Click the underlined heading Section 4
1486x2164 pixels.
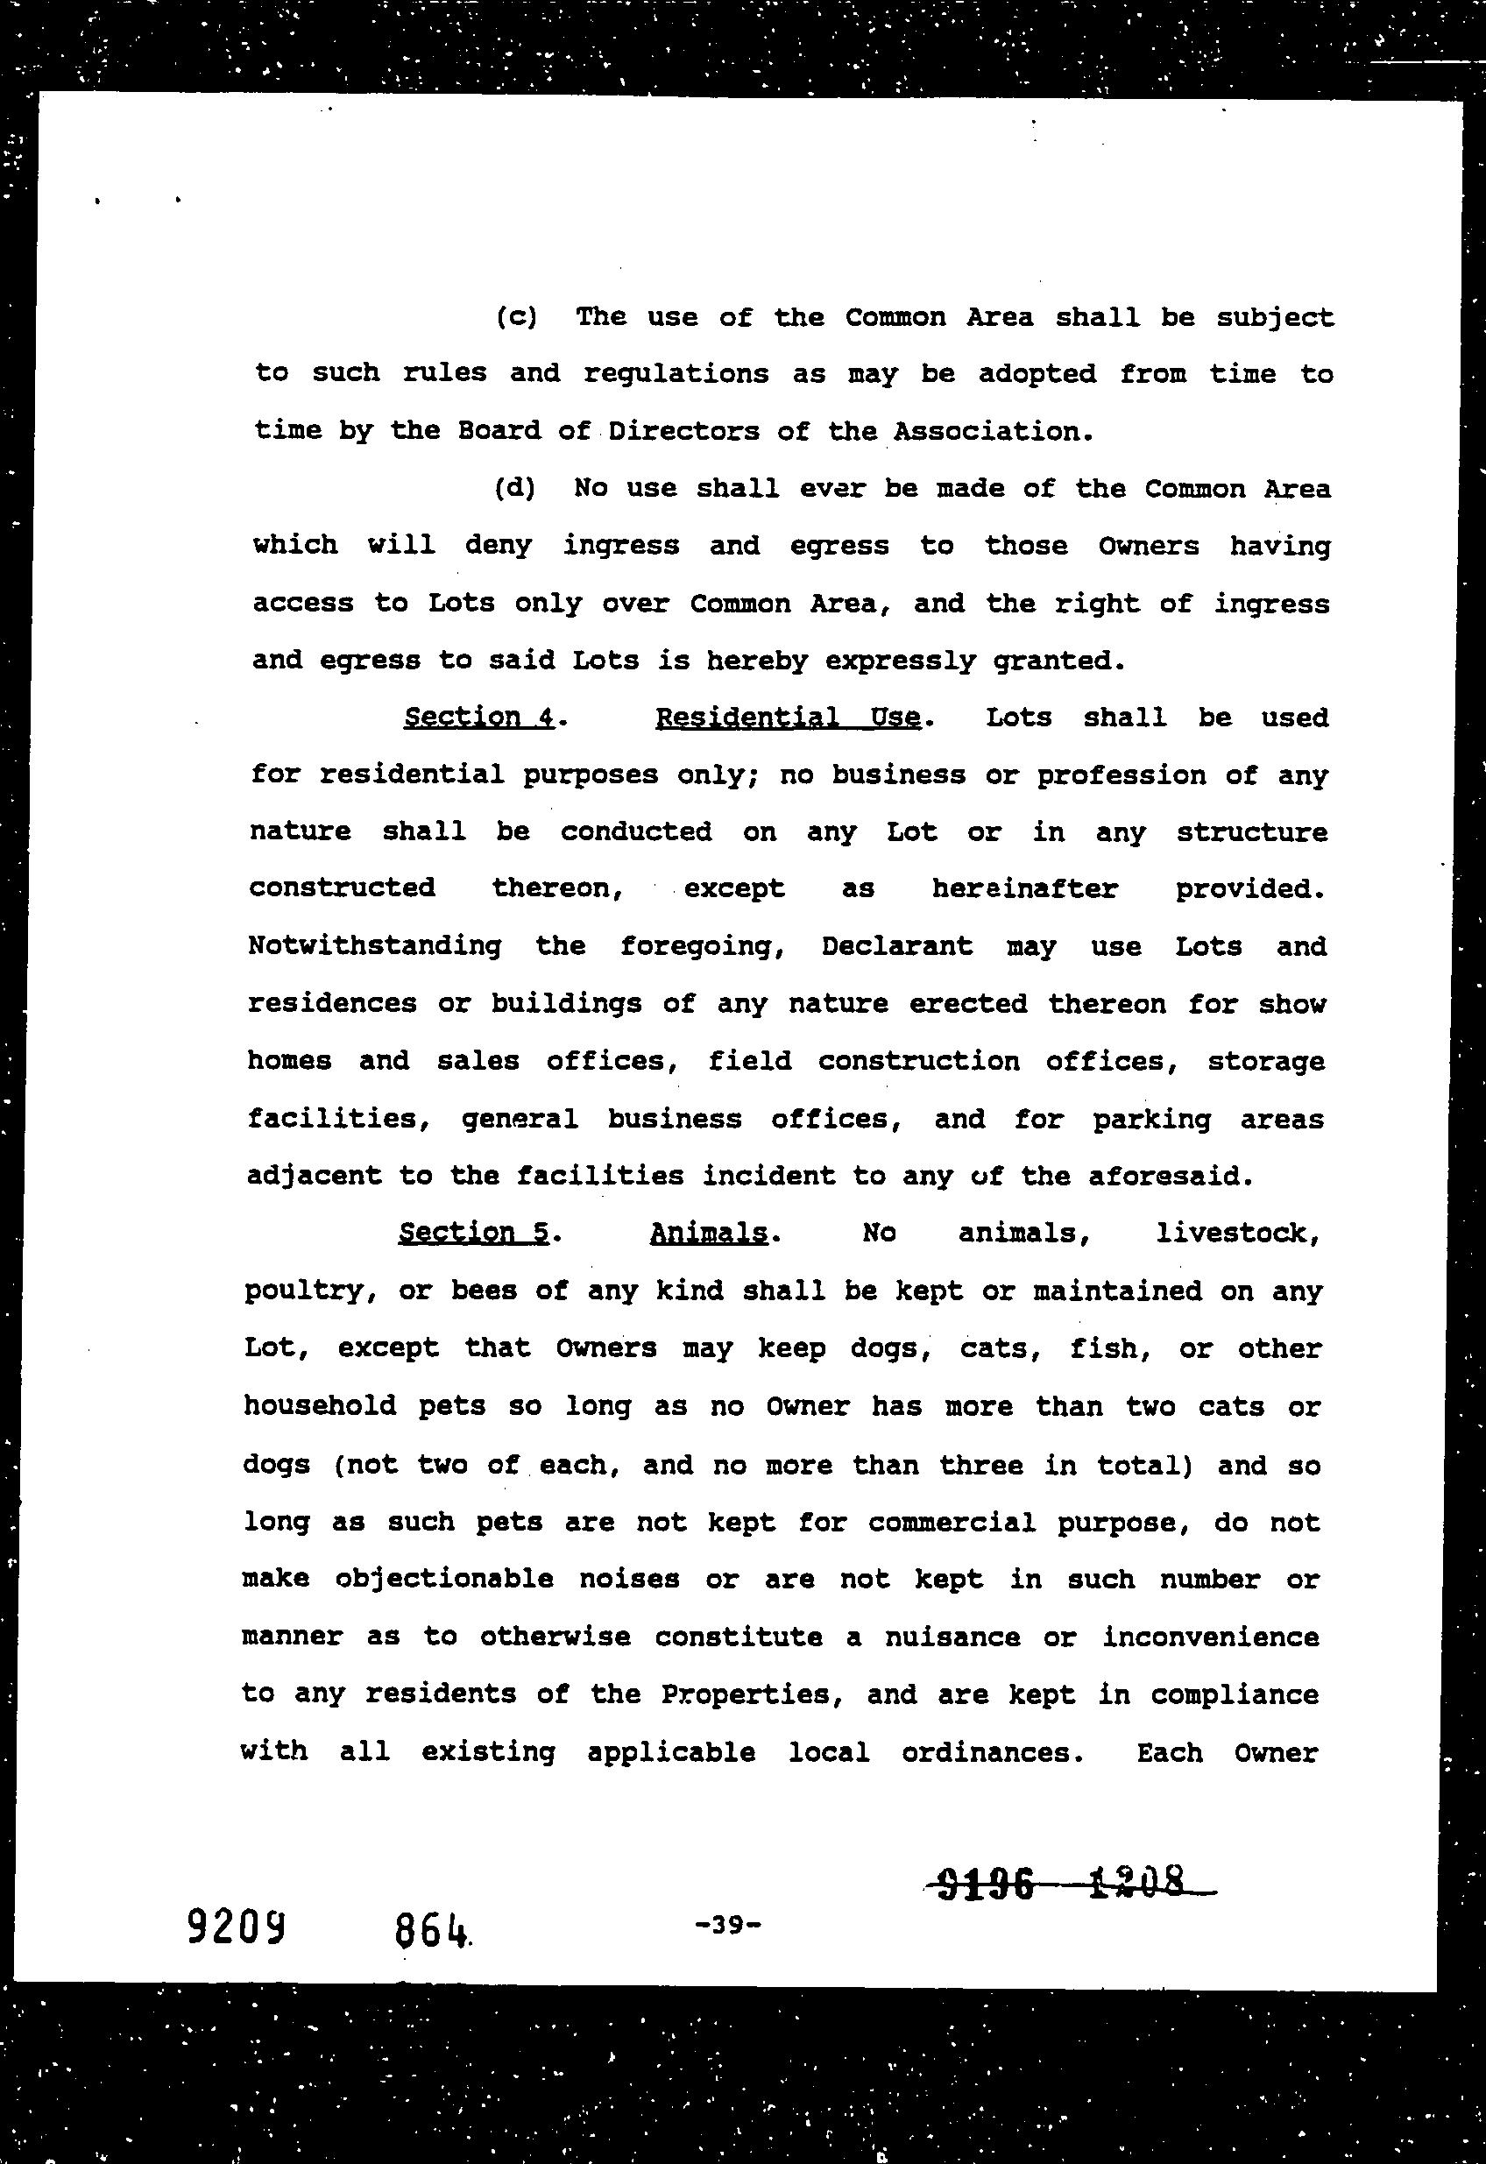(x=479, y=718)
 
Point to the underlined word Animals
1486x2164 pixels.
(x=709, y=1233)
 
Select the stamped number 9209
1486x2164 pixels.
(x=236, y=1927)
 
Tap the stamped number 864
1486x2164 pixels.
(x=430, y=1930)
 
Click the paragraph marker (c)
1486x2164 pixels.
(x=517, y=317)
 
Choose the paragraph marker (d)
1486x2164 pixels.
(x=516, y=489)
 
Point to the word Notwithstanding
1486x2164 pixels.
(x=374, y=946)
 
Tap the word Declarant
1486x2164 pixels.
(x=896, y=946)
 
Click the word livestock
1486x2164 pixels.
(x=1236, y=1233)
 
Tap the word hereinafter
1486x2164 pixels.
(x=1024, y=888)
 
